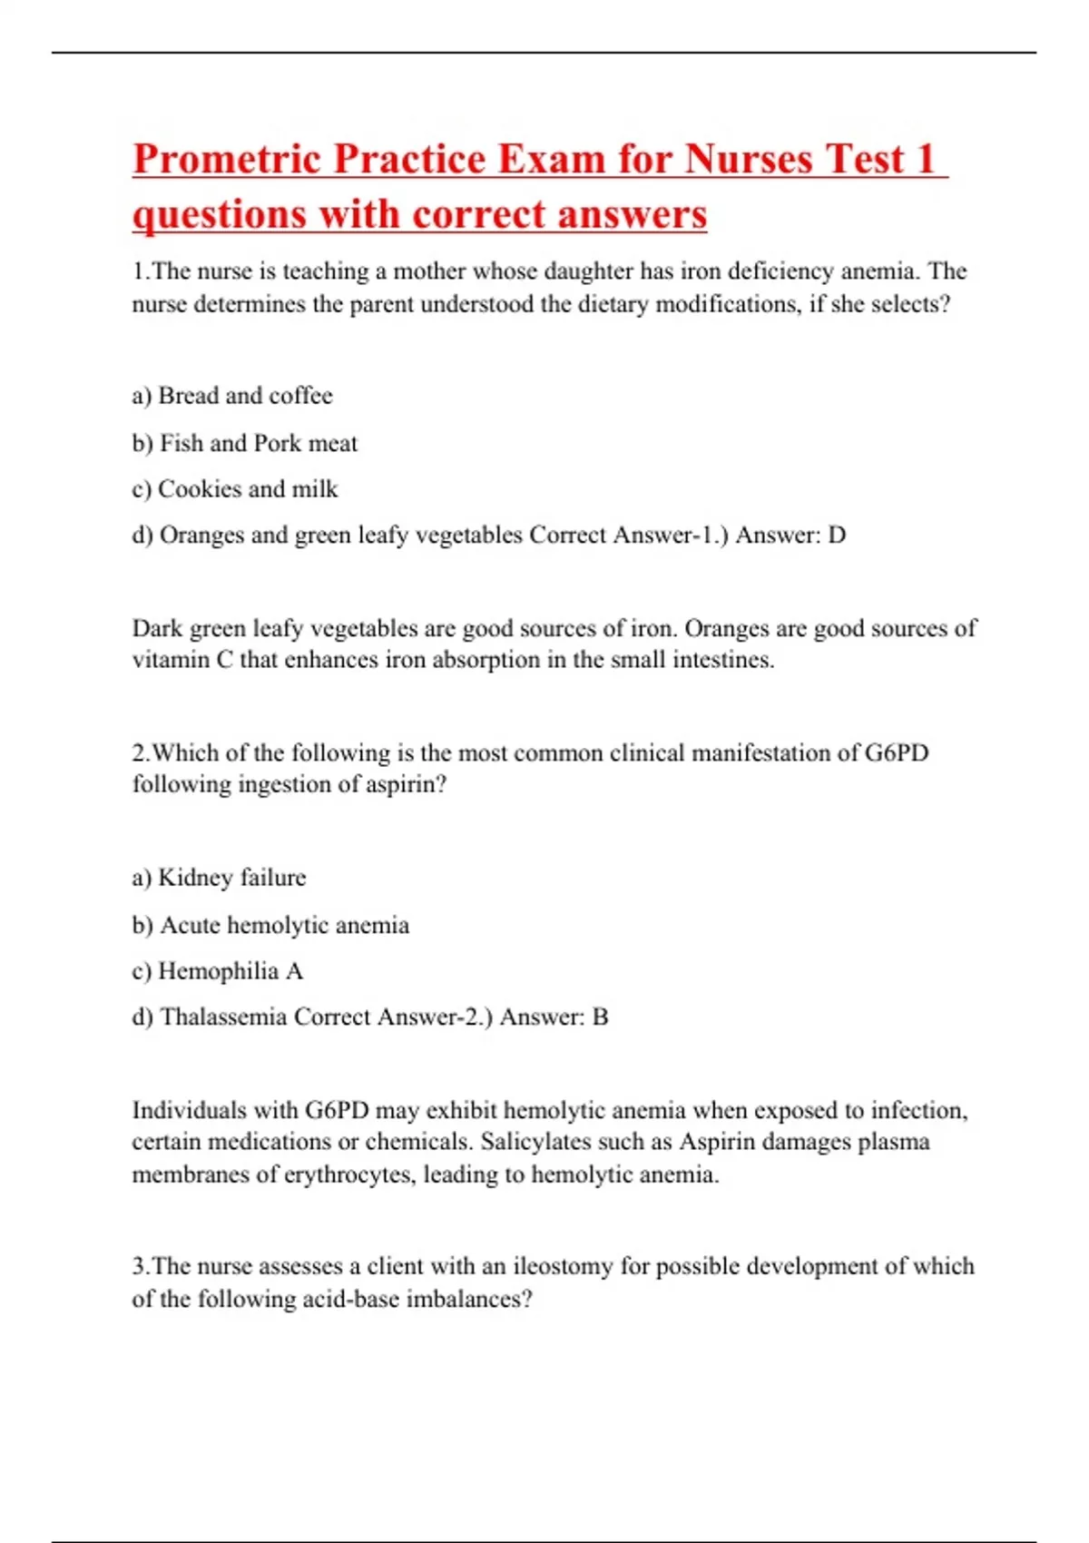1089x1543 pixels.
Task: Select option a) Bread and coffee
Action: (x=232, y=396)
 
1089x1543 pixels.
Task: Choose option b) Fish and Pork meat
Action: (x=245, y=443)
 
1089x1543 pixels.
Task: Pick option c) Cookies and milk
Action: (x=235, y=489)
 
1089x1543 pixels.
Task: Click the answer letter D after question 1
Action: (x=837, y=536)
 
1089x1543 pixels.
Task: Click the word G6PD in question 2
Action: (x=897, y=753)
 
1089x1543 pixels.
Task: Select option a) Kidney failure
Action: (x=220, y=878)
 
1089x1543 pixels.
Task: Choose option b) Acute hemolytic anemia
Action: (x=270, y=925)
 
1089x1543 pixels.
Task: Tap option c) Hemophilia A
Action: (x=218, y=971)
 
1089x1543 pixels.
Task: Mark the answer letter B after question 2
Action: (x=600, y=1017)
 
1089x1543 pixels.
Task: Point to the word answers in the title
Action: (x=633, y=215)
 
